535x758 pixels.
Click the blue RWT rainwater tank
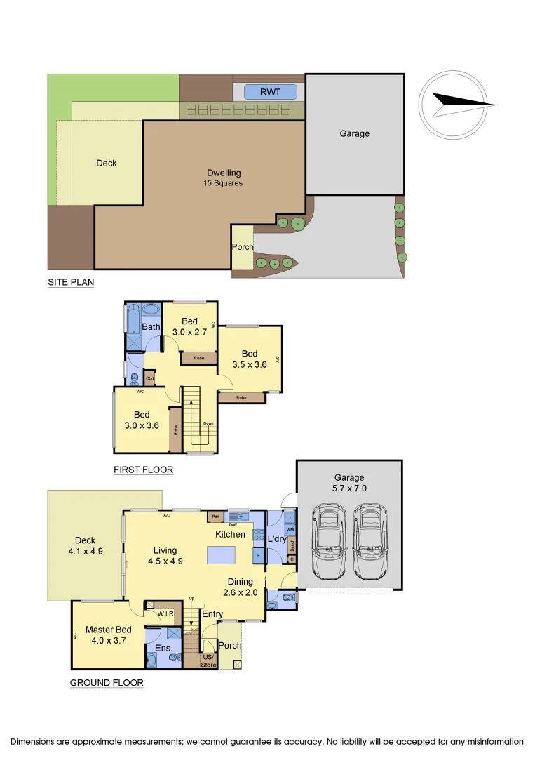point(270,92)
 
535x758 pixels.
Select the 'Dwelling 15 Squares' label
point(224,178)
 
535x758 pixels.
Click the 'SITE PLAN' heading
point(71,282)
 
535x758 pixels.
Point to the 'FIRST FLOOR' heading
point(143,470)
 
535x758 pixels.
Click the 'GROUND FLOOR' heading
point(107,682)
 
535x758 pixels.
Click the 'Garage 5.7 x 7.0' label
point(348,483)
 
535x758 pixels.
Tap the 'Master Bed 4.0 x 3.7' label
point(109,635)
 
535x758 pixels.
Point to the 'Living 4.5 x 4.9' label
point(166,556)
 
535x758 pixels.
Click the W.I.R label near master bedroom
point(165,613)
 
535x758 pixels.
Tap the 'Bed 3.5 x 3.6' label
point(250,359)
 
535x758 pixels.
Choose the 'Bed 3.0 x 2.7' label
point(189,327)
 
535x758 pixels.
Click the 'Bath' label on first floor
point(151,327)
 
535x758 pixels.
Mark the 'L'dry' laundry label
point(276,539)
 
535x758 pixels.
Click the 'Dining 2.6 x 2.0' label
point(240,587)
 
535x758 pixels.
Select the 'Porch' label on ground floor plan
point(230,645)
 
